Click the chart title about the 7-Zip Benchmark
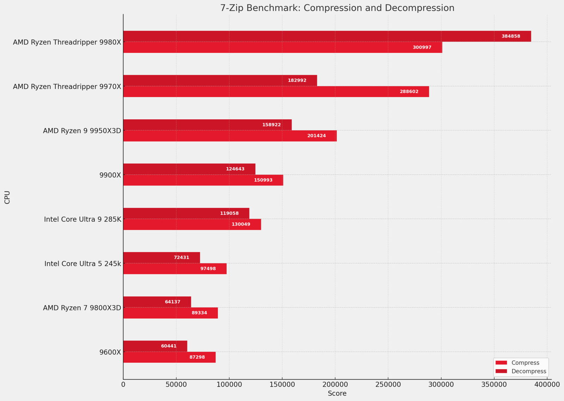coord(337,8)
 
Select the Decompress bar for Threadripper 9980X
coord(327,36)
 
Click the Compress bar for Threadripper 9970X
coord(276,92)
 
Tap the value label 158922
coord(271,125)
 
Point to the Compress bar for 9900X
coord(203,180)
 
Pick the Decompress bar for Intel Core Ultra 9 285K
coord(186,213)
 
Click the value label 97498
coord(208,269)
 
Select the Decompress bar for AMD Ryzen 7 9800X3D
coord(157,302)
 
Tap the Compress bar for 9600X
coord(169,357)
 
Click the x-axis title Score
coord(337,394)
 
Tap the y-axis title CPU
coord(7,197)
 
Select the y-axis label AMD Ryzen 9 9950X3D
coord(82,131)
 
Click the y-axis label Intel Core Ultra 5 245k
coord(82,264)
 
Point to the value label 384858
coord(511,36)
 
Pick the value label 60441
coord(169,346)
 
